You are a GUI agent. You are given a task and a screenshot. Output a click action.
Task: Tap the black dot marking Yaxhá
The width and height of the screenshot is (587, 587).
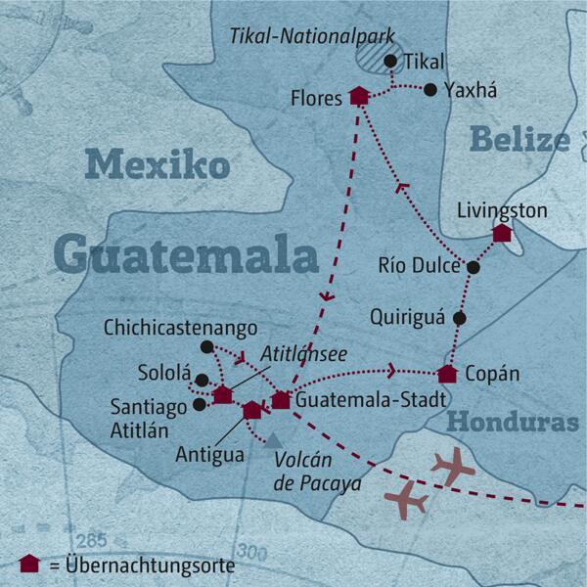click(x=430, y=90)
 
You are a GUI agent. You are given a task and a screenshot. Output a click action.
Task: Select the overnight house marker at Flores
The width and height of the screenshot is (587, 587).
click(x=359, y=96)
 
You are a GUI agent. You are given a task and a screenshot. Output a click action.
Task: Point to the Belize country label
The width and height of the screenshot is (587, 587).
click(x=519, y=140)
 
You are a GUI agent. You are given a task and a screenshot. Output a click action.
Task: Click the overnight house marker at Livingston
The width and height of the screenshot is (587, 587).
click(x=502, y=233)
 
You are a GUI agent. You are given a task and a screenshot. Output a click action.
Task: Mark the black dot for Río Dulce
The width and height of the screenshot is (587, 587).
click(x=474, y=267)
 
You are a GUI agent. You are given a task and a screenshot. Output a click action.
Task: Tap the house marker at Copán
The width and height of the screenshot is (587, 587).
click(x=447, y=374)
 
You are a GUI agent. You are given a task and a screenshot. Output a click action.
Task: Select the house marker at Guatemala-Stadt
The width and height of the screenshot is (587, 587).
click(x=281, y=399)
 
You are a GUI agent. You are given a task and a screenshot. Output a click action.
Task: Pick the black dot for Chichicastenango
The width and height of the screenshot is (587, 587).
click(x=205, y=347)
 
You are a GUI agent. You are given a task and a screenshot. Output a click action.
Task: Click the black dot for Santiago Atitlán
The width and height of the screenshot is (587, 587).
click(x=200, y=403)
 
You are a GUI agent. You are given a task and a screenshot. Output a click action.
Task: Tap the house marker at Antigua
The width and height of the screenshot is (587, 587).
click(x=251, y=410)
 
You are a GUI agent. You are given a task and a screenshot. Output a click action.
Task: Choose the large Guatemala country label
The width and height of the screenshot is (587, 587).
click(x=186, y=255)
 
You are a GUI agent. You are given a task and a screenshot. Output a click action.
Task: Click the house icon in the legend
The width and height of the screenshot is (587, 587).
click(x=28, y=564)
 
